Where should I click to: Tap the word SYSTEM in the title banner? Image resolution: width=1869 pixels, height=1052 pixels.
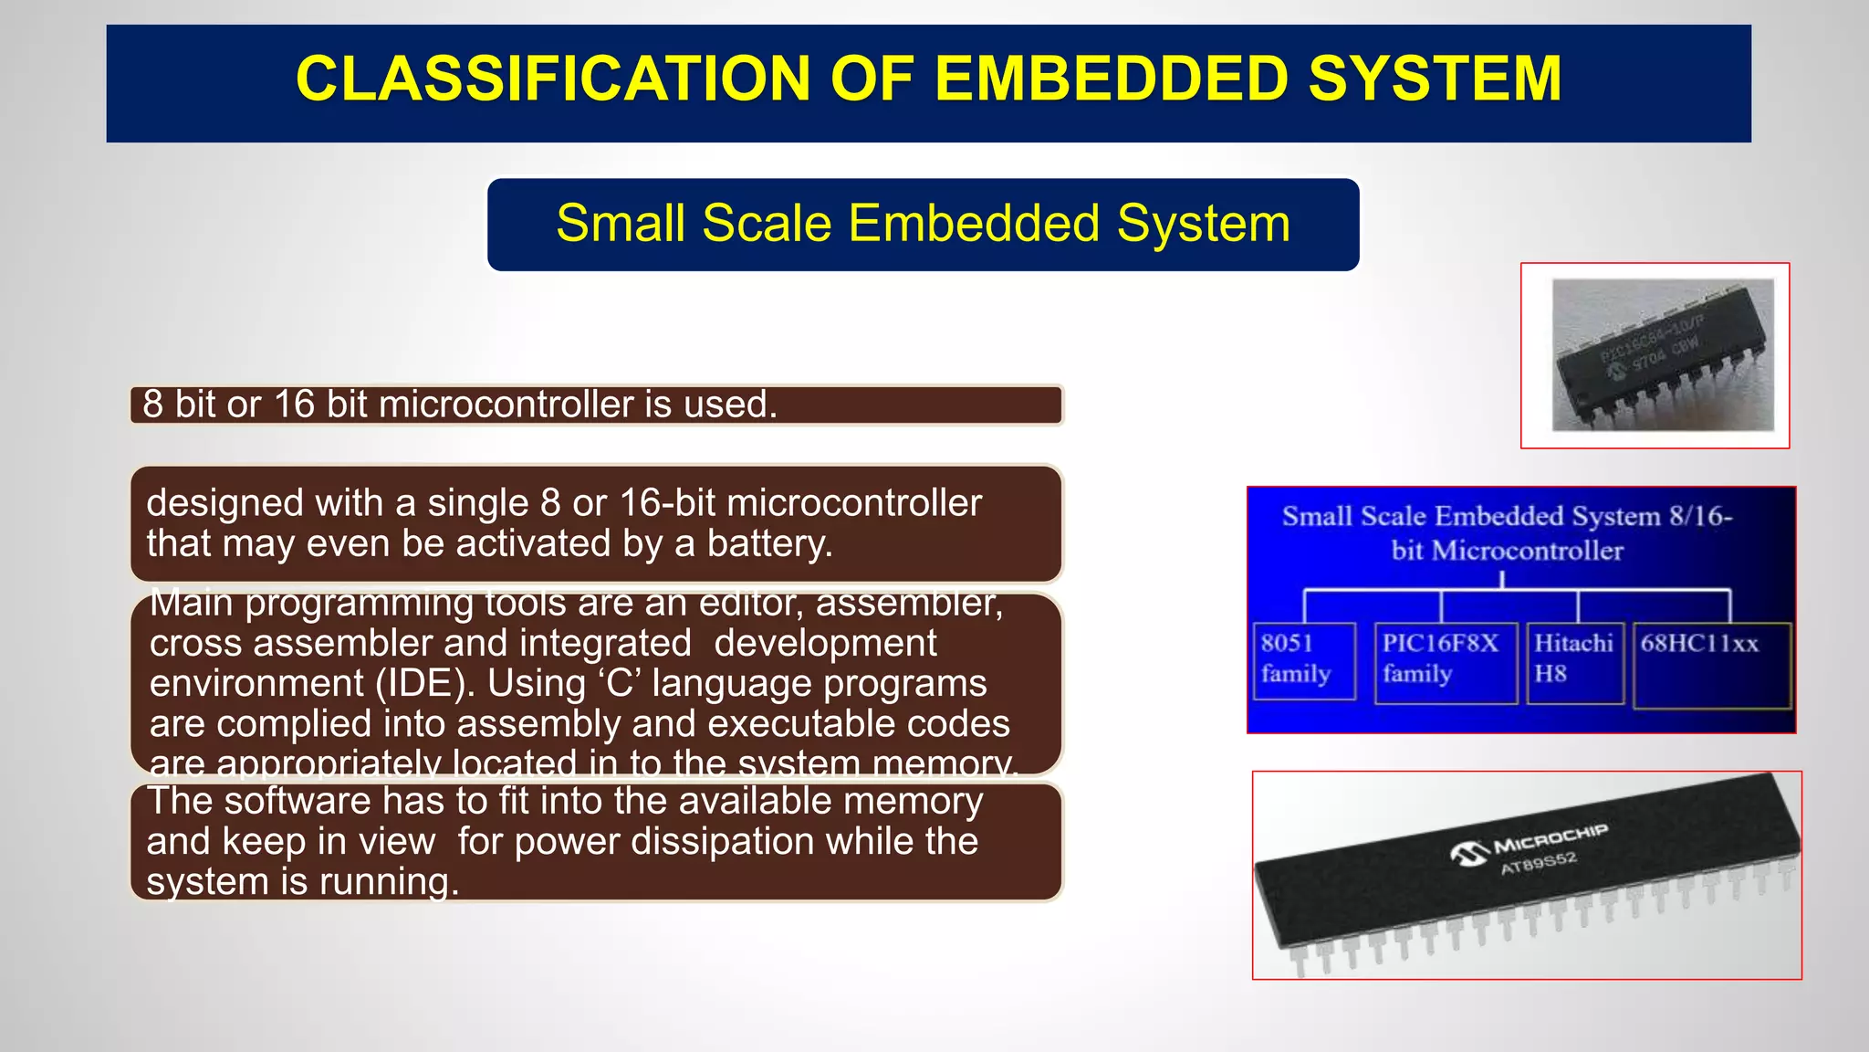pos(1435,79)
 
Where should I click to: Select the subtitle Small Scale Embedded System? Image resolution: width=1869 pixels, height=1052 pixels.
pos(923,224)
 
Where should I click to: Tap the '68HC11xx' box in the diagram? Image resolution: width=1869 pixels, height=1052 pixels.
pos(1710,665)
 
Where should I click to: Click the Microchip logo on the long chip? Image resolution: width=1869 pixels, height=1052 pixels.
pos(1468,854)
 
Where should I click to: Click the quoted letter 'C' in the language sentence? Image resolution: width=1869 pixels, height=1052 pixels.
pos(619,684)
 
